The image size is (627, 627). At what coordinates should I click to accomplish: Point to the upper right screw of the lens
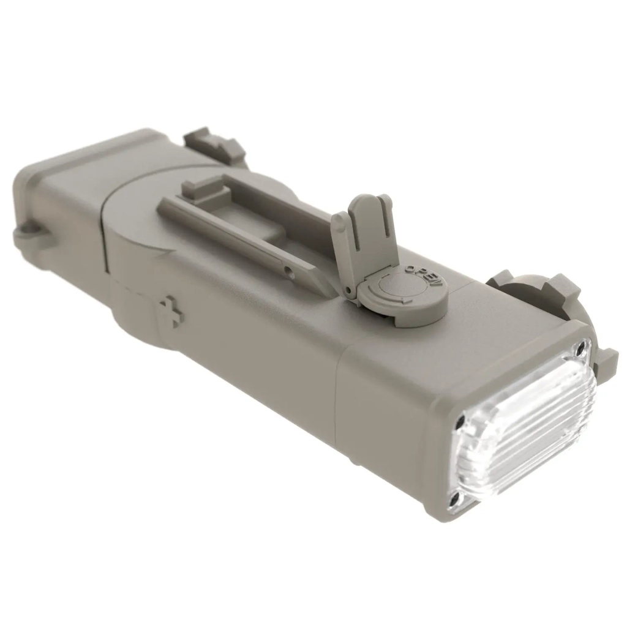pos(579,350)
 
